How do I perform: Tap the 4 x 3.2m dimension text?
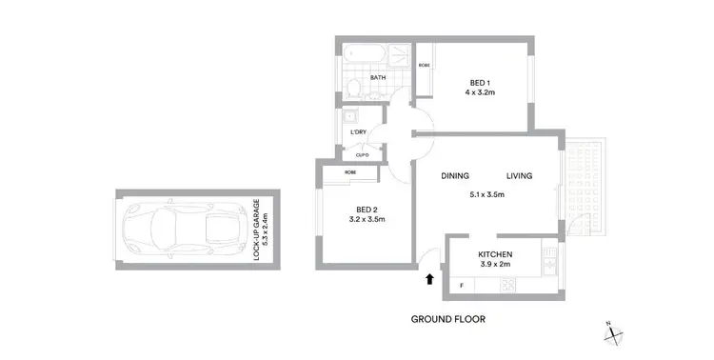(x=482, y=94)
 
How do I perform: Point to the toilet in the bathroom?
(x=353, y=90)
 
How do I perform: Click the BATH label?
(x=378, y=78)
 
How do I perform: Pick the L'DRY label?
(x=358, y=131)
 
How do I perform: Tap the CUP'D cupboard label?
(x=362, y=155)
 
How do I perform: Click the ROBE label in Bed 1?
(x=423, y=66)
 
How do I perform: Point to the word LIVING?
(x=519, y=175)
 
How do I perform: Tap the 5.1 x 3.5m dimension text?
(x=486, y=195)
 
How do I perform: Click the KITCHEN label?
(x=496, y=254)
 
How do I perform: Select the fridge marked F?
(x=462, y=284)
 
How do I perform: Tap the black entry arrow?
(x=429, y=280)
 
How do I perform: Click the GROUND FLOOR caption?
(x=447, y=319)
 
